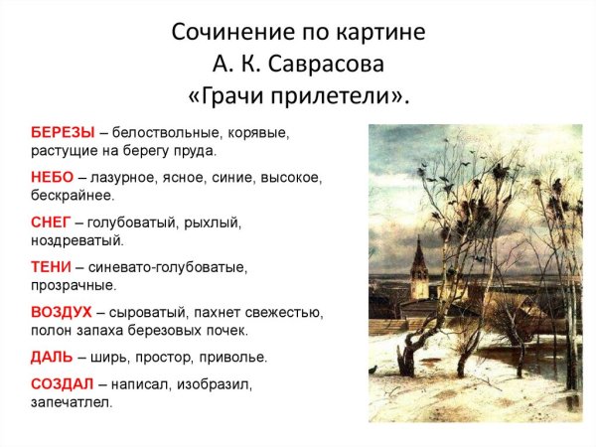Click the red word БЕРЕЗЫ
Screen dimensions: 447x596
pyautogui.click(x=63, y=131)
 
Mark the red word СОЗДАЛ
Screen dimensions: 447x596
pyautogui.click(x=63, y=383)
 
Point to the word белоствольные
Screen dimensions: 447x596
pyautogui.click(x=163, y=131)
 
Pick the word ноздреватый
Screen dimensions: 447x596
pyautogui.click(x=77, y=240)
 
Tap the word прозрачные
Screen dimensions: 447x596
pyautogui.click(x=74, y=286)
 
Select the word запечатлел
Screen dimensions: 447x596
pyautogui.click(x=72, y=402)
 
